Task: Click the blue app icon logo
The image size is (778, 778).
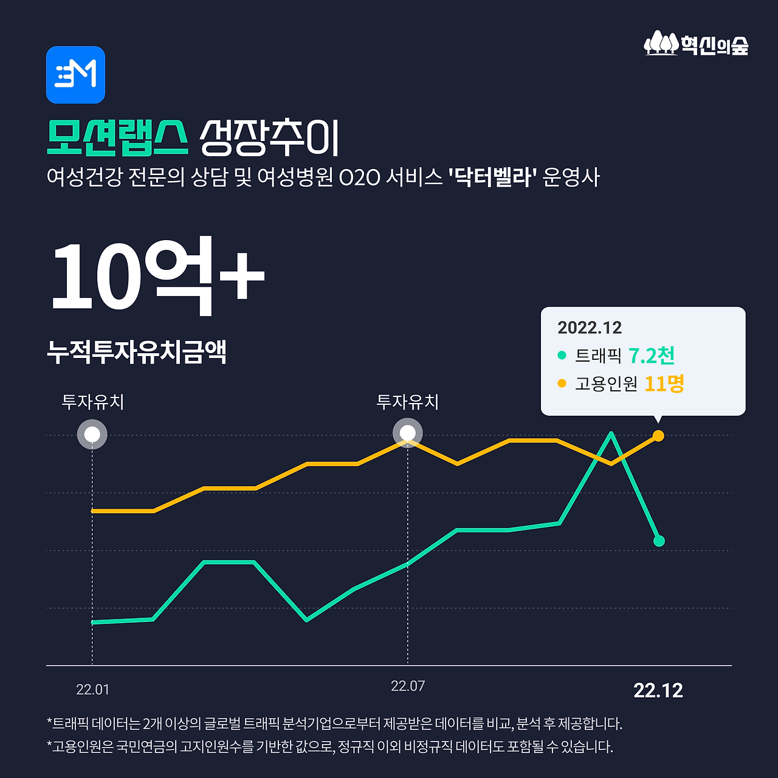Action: pos(75,75)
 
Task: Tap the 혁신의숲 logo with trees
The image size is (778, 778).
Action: pos(696,44)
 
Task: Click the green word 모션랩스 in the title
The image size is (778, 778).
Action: pos(117,137)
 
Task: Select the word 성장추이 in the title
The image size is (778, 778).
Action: pos(269,137)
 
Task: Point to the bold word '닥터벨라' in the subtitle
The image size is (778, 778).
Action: pos(492,177)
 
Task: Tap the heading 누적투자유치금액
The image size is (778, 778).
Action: pos(137,352)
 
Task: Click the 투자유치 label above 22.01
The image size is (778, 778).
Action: pos(92,402)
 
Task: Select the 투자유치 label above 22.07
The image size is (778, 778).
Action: pos(407,402)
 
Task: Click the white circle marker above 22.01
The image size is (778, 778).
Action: pos(92,435)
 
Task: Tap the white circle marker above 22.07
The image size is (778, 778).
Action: pos(407,434)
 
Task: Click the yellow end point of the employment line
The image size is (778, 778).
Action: pos(658,436)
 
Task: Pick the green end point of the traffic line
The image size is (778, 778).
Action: pos(659,541)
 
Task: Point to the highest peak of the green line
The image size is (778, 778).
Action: pos(611,433)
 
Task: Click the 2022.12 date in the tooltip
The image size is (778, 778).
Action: pos(590,328)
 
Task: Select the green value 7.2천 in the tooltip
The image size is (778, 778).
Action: pos(652,356)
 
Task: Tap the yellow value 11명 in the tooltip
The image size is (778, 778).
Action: pos(664,384)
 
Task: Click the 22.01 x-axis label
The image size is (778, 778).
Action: pos(92,690)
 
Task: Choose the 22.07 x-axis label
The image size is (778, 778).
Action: pos(408,686)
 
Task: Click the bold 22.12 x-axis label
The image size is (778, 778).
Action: pos(658,690)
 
